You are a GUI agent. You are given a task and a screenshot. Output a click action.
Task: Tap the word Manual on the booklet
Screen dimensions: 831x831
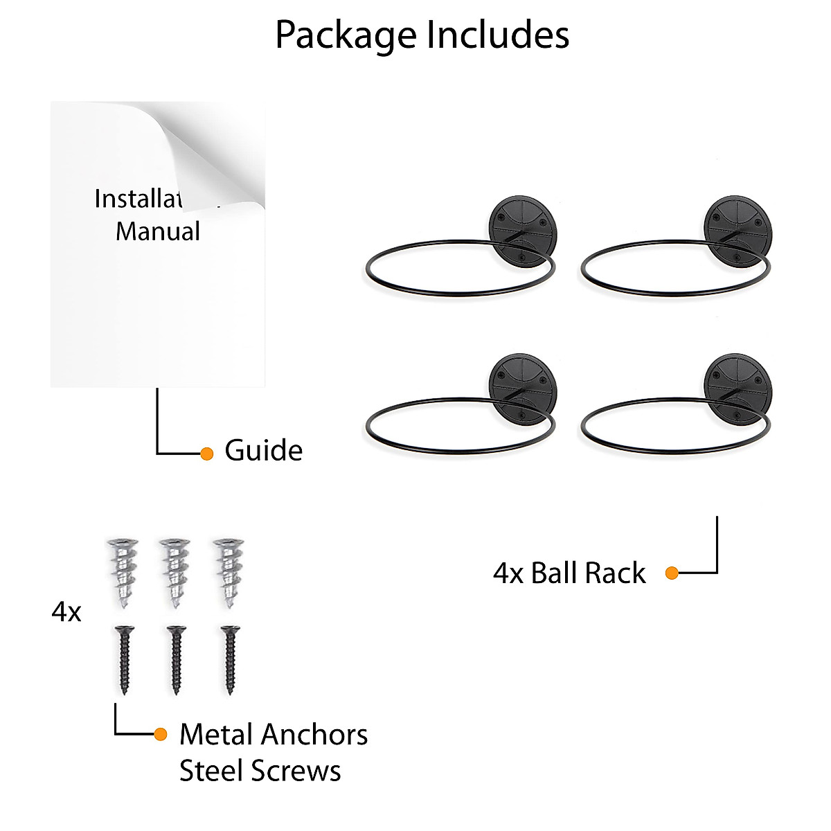(158, 231)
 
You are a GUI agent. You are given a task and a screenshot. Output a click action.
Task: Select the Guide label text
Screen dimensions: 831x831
(264, 451)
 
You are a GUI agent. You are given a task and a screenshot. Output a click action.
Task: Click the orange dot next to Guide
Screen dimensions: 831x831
(206, 454)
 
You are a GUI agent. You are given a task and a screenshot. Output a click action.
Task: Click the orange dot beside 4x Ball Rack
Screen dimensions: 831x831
(672, 573)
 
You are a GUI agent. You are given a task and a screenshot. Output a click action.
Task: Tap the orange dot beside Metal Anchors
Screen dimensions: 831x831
(161, 734)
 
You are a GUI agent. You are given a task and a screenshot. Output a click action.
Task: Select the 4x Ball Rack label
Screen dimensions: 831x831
(569, 573)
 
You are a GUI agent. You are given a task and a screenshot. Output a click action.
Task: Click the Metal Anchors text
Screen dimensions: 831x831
(274, 735)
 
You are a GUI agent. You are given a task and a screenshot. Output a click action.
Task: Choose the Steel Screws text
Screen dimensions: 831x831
(260, 771)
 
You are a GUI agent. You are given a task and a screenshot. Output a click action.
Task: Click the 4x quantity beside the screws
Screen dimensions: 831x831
(66, 612)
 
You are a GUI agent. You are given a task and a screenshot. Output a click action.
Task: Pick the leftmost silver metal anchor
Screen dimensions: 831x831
(123, 573)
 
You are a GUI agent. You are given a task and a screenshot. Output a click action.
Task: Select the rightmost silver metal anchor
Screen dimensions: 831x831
(229, 573)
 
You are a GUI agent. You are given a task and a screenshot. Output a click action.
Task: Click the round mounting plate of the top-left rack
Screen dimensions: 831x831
(523, 229)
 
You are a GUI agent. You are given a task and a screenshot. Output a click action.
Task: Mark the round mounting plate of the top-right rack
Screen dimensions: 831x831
(738, 229)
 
